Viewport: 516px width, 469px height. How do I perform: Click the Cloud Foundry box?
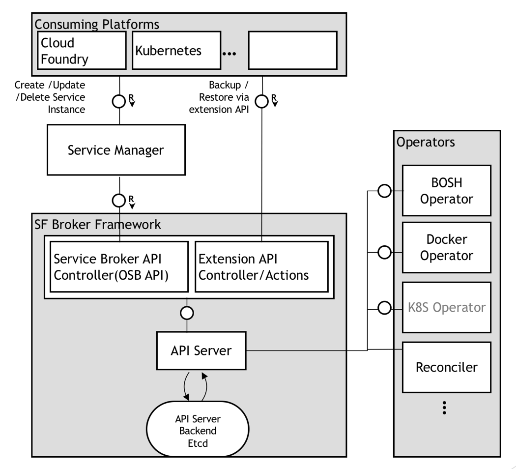82,50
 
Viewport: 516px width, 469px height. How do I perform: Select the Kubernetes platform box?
176,50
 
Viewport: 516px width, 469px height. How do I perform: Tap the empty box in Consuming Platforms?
293,50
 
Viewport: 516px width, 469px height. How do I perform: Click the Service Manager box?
116,150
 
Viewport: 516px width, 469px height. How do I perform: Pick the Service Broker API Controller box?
119,266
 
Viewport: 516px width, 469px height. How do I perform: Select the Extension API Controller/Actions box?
261,266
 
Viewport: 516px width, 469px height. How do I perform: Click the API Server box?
201,351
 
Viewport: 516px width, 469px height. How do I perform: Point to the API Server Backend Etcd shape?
198,429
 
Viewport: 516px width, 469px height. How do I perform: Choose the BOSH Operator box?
447,191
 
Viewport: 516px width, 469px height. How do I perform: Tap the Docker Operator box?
447,247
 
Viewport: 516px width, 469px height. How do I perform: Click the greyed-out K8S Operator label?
447,307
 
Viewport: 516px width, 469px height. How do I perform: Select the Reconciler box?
447,367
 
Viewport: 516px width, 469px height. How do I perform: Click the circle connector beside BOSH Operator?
384,191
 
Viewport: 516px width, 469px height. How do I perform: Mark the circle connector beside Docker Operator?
384,252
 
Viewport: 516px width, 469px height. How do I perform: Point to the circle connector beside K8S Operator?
384,308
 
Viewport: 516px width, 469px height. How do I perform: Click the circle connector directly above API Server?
187,313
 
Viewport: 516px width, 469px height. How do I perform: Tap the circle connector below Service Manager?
119,201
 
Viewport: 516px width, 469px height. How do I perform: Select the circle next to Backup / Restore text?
262,101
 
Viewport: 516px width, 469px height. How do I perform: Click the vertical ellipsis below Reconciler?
445,408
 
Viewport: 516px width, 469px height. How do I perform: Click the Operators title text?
426,143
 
